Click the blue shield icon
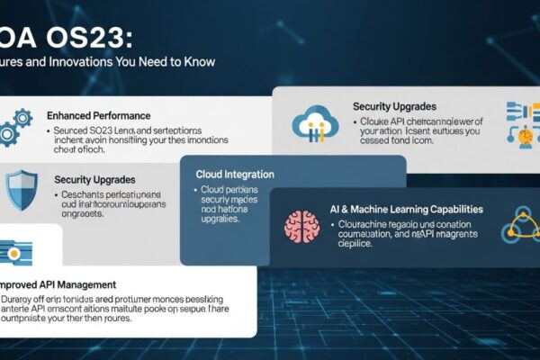pyautogui.click(x=20, y=190)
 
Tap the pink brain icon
pyautogui.click(x=301, y=227)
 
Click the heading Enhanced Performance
pyautogui.click(x=98, y=116)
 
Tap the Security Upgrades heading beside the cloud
pyautogui.click(x=395, y=106)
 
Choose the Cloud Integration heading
pyautogui.click(x=234, y=174)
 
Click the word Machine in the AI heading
pyautogui.click(x=371, y=209)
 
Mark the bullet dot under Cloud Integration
pyautogui.click(x=194, y=192)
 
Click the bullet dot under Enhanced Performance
pyautogui.click(x=48, y=131)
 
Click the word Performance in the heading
pyautogui.click(x=121, y=116)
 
